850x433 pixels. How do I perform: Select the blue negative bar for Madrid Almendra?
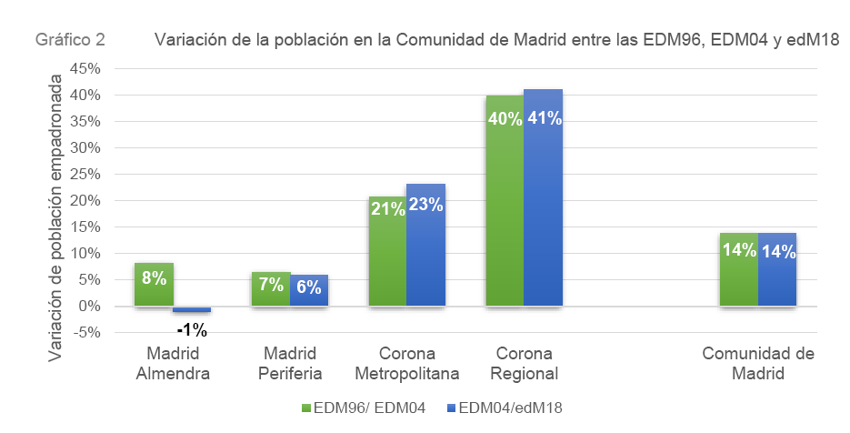point(192,309)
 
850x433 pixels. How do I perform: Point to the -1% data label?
point(192,329)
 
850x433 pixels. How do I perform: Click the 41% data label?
point(544,118)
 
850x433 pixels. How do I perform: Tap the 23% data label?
point(425,206)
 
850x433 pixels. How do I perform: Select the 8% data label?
point(154,278)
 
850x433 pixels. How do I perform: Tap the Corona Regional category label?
point(525,364)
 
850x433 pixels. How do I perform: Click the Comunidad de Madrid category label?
point(757,364)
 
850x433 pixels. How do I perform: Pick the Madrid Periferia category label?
point(290,364)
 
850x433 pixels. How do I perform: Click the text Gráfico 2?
point(70,40)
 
